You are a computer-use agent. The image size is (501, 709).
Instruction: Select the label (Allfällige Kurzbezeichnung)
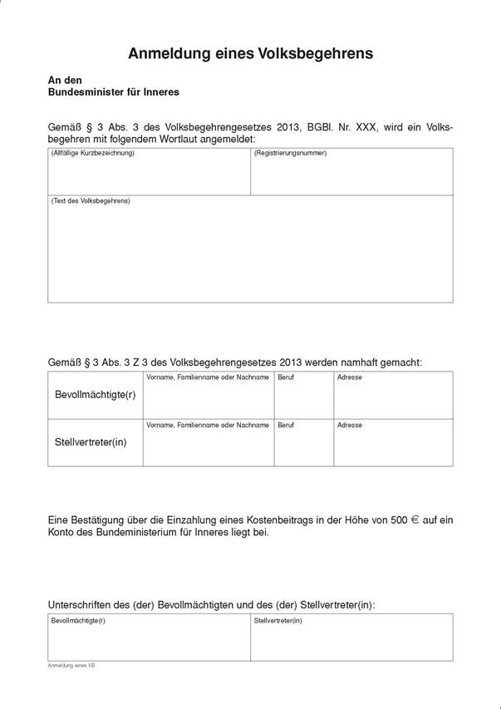[92, 154]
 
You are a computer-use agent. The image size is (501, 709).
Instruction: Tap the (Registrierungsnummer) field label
[290, 154]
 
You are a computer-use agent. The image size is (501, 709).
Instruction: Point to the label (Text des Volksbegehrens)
[91, 201]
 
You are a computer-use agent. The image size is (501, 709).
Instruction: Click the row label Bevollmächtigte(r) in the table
[95, 394]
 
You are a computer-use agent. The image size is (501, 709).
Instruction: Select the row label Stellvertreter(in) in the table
[91, 441]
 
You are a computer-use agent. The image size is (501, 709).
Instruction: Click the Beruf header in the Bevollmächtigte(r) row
[286, 377]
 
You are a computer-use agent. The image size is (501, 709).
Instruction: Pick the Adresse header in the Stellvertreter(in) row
[349, 425]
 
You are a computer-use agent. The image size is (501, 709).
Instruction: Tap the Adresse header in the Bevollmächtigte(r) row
[349, 377]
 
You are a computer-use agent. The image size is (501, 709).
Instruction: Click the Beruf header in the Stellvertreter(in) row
[286, 425]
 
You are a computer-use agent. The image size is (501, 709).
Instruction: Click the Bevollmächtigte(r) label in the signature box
[78, 620]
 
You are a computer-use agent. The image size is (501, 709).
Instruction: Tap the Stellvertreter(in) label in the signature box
[278, 620]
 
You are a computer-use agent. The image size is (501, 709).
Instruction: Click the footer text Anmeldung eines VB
[71, 666]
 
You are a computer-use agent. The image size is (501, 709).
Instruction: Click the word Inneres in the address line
[162, 92]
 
